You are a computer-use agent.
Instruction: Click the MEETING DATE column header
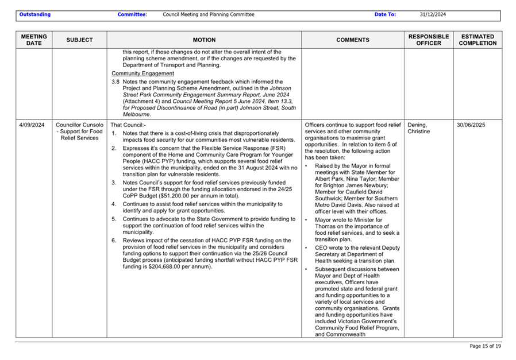34,40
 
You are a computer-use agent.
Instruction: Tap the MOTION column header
204,40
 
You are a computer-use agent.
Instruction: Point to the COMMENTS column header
353,40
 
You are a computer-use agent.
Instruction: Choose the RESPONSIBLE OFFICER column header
429,40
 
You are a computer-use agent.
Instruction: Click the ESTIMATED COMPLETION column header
478,40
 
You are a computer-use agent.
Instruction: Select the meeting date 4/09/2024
32,125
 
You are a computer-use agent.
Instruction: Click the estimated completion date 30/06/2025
471,125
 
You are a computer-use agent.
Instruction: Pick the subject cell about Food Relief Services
79,131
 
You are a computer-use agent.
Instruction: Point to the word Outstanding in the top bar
34,15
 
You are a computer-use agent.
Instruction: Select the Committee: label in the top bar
132,15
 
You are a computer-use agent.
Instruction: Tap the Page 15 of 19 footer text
485,346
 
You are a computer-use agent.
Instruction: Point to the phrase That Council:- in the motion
128,125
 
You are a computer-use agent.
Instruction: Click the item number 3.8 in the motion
115,82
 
